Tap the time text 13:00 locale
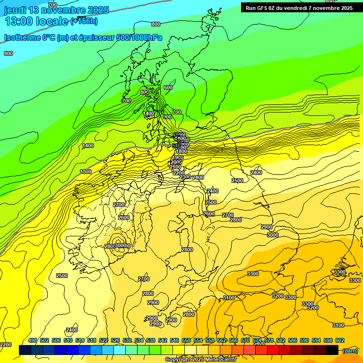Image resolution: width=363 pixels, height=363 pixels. click(36, 21)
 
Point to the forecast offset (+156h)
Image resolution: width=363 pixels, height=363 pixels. click(84, 21)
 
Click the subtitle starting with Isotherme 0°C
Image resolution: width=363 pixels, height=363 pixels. click(83, 38)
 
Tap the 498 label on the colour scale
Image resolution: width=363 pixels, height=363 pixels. click(33, 340)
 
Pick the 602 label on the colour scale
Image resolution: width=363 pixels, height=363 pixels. click(340, 340)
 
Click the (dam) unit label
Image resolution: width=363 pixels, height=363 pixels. click(350, 350)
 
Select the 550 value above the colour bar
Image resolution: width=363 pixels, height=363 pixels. click(186, 340)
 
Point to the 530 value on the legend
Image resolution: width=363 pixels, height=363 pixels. click(127, 340)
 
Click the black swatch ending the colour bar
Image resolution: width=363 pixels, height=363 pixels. click(332, 350)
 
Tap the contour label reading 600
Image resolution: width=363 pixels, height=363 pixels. click(168, 87)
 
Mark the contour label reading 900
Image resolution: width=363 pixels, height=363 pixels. click(167, 117)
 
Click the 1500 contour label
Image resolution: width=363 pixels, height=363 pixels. click(86, 172)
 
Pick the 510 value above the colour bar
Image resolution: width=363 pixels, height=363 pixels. click(68, 340)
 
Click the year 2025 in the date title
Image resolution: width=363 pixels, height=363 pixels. click(96, 10)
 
